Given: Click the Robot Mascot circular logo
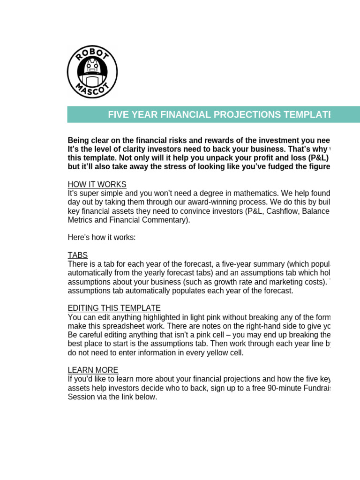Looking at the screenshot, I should (x=92, y=72).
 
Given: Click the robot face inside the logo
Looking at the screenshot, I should (x=92, y=71).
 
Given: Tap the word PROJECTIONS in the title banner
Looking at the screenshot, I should (x=244, y=115).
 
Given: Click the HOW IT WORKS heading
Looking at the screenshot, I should (x=97, y=184).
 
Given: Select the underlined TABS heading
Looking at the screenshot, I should (x=78, y=255).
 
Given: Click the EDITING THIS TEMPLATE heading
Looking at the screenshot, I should (x=114, y=308).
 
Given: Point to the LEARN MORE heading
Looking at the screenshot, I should (x=93, y=370).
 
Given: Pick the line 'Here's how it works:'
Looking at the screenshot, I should (x=102, y=237).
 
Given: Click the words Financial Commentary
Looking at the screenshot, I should (x=149, y=220).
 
